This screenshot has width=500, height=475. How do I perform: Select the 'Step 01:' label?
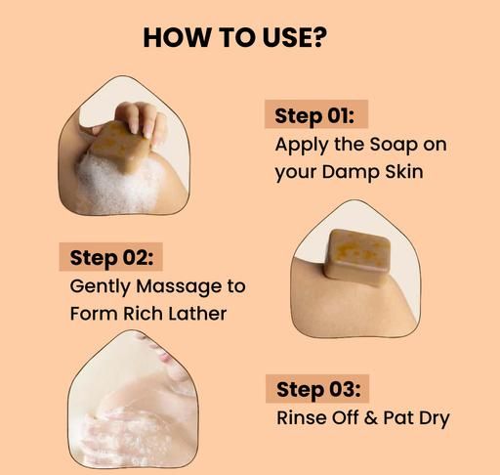pos(314,116)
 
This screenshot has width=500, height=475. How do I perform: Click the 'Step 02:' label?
pos(111,258)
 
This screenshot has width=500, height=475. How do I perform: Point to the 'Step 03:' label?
pos(318,390)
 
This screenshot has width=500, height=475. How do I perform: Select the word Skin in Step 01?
pos(404,171)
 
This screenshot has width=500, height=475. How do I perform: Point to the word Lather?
pos(197,314)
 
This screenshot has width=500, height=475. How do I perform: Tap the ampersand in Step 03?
pos(371,418)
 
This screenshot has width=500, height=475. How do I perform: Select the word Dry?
pos(434,418)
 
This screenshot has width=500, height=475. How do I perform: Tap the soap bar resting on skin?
pos(357,257)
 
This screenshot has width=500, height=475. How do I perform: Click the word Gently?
pos(100,286)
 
